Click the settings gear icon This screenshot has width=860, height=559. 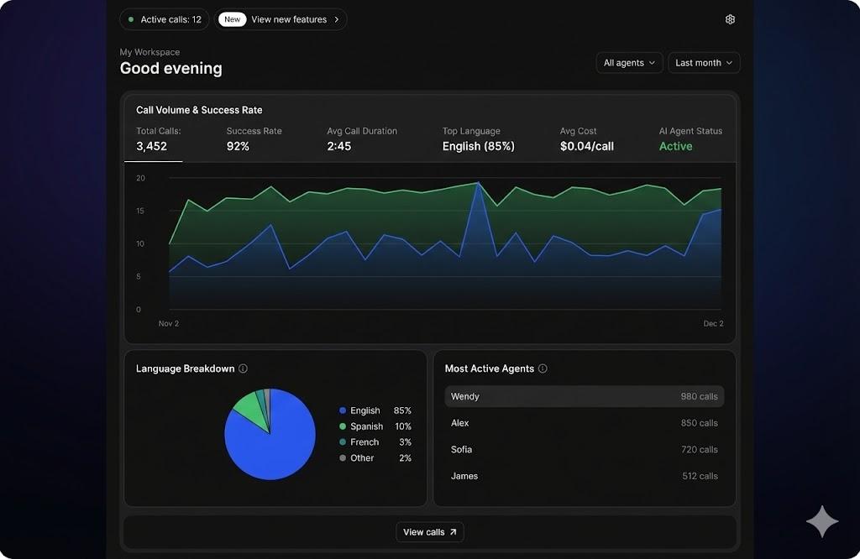[730, 19]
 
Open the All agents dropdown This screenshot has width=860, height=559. [629, 63]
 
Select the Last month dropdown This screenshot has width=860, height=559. [704, 63]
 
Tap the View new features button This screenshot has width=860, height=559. [281, 19]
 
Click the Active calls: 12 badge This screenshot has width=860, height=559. [165, 19]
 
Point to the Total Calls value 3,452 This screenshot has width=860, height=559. [152, 146]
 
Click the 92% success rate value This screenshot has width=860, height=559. [239, 146]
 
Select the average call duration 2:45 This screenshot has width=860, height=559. [339, 146]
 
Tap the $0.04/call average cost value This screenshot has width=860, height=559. [587, 146]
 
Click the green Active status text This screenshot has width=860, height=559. [676, 146]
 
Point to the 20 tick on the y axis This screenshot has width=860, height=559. [140, 178]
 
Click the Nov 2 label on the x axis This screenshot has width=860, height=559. [169, 323]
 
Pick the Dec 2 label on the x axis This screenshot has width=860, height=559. [713, 323]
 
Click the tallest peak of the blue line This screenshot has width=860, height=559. [478, 183]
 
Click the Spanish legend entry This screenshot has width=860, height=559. [366, 426]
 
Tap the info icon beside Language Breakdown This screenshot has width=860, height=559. [243, 368]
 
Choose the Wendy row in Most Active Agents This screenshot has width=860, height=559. [584, 396]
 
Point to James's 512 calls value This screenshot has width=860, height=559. [700, 476]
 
